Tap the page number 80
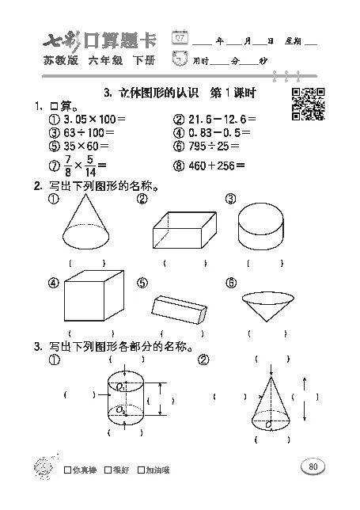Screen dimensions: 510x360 pyautogui.click(x=313, y=466)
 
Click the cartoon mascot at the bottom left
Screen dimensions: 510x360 pyautogui.click(x=41, y=466)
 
